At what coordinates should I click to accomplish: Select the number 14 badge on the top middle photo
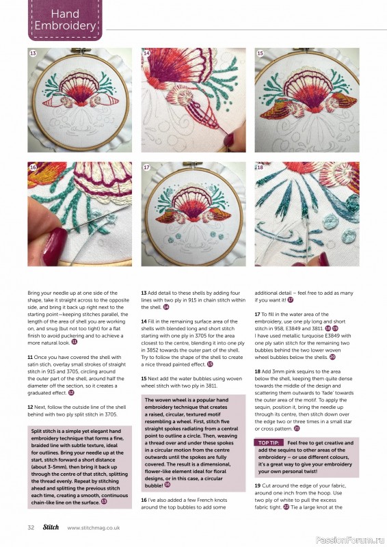146,53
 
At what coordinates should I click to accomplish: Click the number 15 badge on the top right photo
260,53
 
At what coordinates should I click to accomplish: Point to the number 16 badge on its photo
33,167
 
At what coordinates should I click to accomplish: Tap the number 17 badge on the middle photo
146,167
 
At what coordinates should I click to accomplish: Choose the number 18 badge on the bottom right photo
260,167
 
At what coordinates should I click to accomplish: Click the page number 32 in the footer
31,527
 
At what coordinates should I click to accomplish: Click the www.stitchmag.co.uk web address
94,527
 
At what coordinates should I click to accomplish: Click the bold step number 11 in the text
31,357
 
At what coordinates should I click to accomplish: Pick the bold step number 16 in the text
144,501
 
